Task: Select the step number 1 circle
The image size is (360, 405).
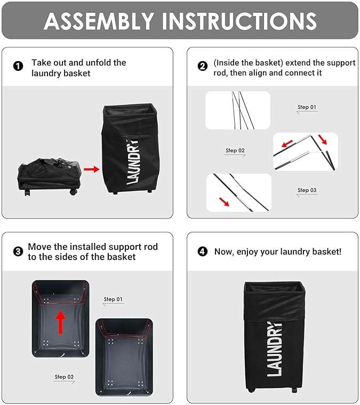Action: point(18,67)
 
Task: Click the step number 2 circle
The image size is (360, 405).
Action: point(202,67)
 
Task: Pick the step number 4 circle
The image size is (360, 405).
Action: point(202,252)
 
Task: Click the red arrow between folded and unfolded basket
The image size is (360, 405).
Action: point(92,169)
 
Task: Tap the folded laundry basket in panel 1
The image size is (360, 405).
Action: point(49,173)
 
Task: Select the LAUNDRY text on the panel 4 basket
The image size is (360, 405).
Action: point(274,349)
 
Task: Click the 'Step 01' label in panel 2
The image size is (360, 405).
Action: point(307,107)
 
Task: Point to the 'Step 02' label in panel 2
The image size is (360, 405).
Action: point(235,151)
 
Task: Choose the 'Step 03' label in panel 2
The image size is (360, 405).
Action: point(307,190)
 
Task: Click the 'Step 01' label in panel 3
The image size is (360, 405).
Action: point(113,299)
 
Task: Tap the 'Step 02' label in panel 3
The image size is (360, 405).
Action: point(64,377)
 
